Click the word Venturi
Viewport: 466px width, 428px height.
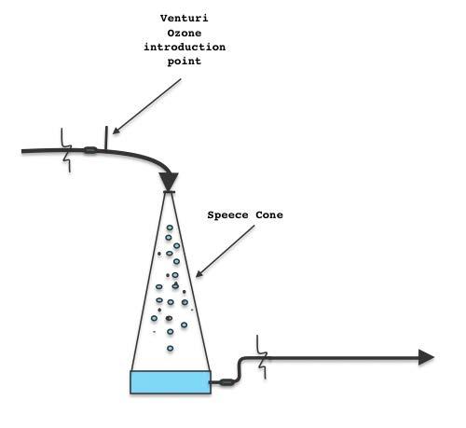tap(185, 19)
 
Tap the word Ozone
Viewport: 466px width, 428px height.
tap(185, 33)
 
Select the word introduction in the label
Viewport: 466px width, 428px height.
tap(185, 47)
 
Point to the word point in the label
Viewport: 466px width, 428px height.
tap(185, 62)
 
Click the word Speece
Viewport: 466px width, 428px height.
tap(227, 215)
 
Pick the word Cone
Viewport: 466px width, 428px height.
tap(269, 214)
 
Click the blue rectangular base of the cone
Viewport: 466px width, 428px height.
tap(171, 382)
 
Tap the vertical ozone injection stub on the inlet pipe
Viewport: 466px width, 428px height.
tap(106, 138)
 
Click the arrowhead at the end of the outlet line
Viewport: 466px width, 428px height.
tap(426, 357)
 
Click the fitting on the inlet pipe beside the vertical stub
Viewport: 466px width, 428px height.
tap(90, 150)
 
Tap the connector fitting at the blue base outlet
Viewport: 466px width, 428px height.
tap(227, 382)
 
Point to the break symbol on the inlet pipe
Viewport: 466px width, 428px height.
tap(66, 150)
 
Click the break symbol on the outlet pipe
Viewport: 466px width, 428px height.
tap(262, 357)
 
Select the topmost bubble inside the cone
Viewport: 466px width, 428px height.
tap(170, 228)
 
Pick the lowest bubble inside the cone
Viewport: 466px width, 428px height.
tap(170, 349)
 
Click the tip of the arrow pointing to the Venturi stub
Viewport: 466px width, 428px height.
tap(113, 134)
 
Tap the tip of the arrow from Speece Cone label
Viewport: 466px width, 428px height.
tap(196, 277)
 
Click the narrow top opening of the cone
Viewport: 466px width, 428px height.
tap(168, 192)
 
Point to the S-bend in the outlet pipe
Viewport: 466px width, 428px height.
tap(240, 370)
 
